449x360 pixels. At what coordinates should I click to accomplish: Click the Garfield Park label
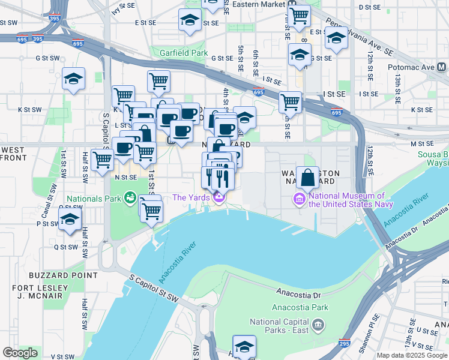pos(183,53)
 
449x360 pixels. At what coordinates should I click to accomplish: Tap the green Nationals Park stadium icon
pos(129,197)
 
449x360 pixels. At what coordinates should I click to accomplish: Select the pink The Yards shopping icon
pos(220,197)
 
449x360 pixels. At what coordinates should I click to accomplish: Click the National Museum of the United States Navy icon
pos(299,199)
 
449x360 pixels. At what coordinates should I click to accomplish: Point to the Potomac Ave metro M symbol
pos(441,67)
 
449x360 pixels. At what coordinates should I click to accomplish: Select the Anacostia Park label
pos(291,307)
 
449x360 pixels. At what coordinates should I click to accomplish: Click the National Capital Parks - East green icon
pos(318,325)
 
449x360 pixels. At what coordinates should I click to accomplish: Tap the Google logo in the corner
pos(20,353)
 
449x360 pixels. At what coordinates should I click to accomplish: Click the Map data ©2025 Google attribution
pos(412,355)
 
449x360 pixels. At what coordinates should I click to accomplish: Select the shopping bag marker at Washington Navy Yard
pos(307,178)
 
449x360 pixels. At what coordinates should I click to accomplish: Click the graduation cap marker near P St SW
pos(70,220)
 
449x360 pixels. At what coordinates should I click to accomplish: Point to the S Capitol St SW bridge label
pos(155,289)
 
